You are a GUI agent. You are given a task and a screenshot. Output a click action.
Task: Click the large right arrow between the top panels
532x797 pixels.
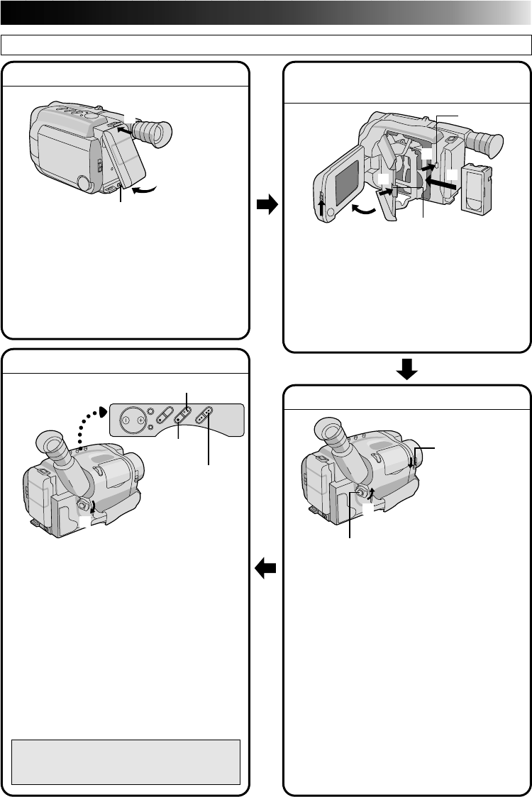267,206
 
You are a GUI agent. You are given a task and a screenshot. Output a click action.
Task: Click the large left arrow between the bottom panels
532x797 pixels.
267,567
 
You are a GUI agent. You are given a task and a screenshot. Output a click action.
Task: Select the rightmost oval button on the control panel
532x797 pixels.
209,416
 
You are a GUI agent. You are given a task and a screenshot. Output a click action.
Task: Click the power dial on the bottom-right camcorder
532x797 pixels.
362,491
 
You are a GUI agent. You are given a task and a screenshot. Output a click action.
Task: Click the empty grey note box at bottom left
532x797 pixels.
126,762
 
